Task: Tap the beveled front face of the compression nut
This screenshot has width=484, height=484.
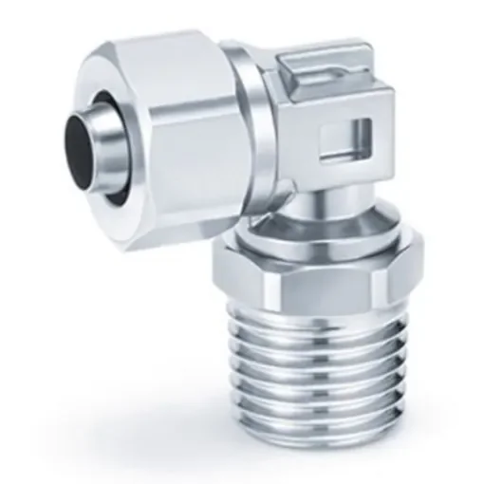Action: coord(142,95)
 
